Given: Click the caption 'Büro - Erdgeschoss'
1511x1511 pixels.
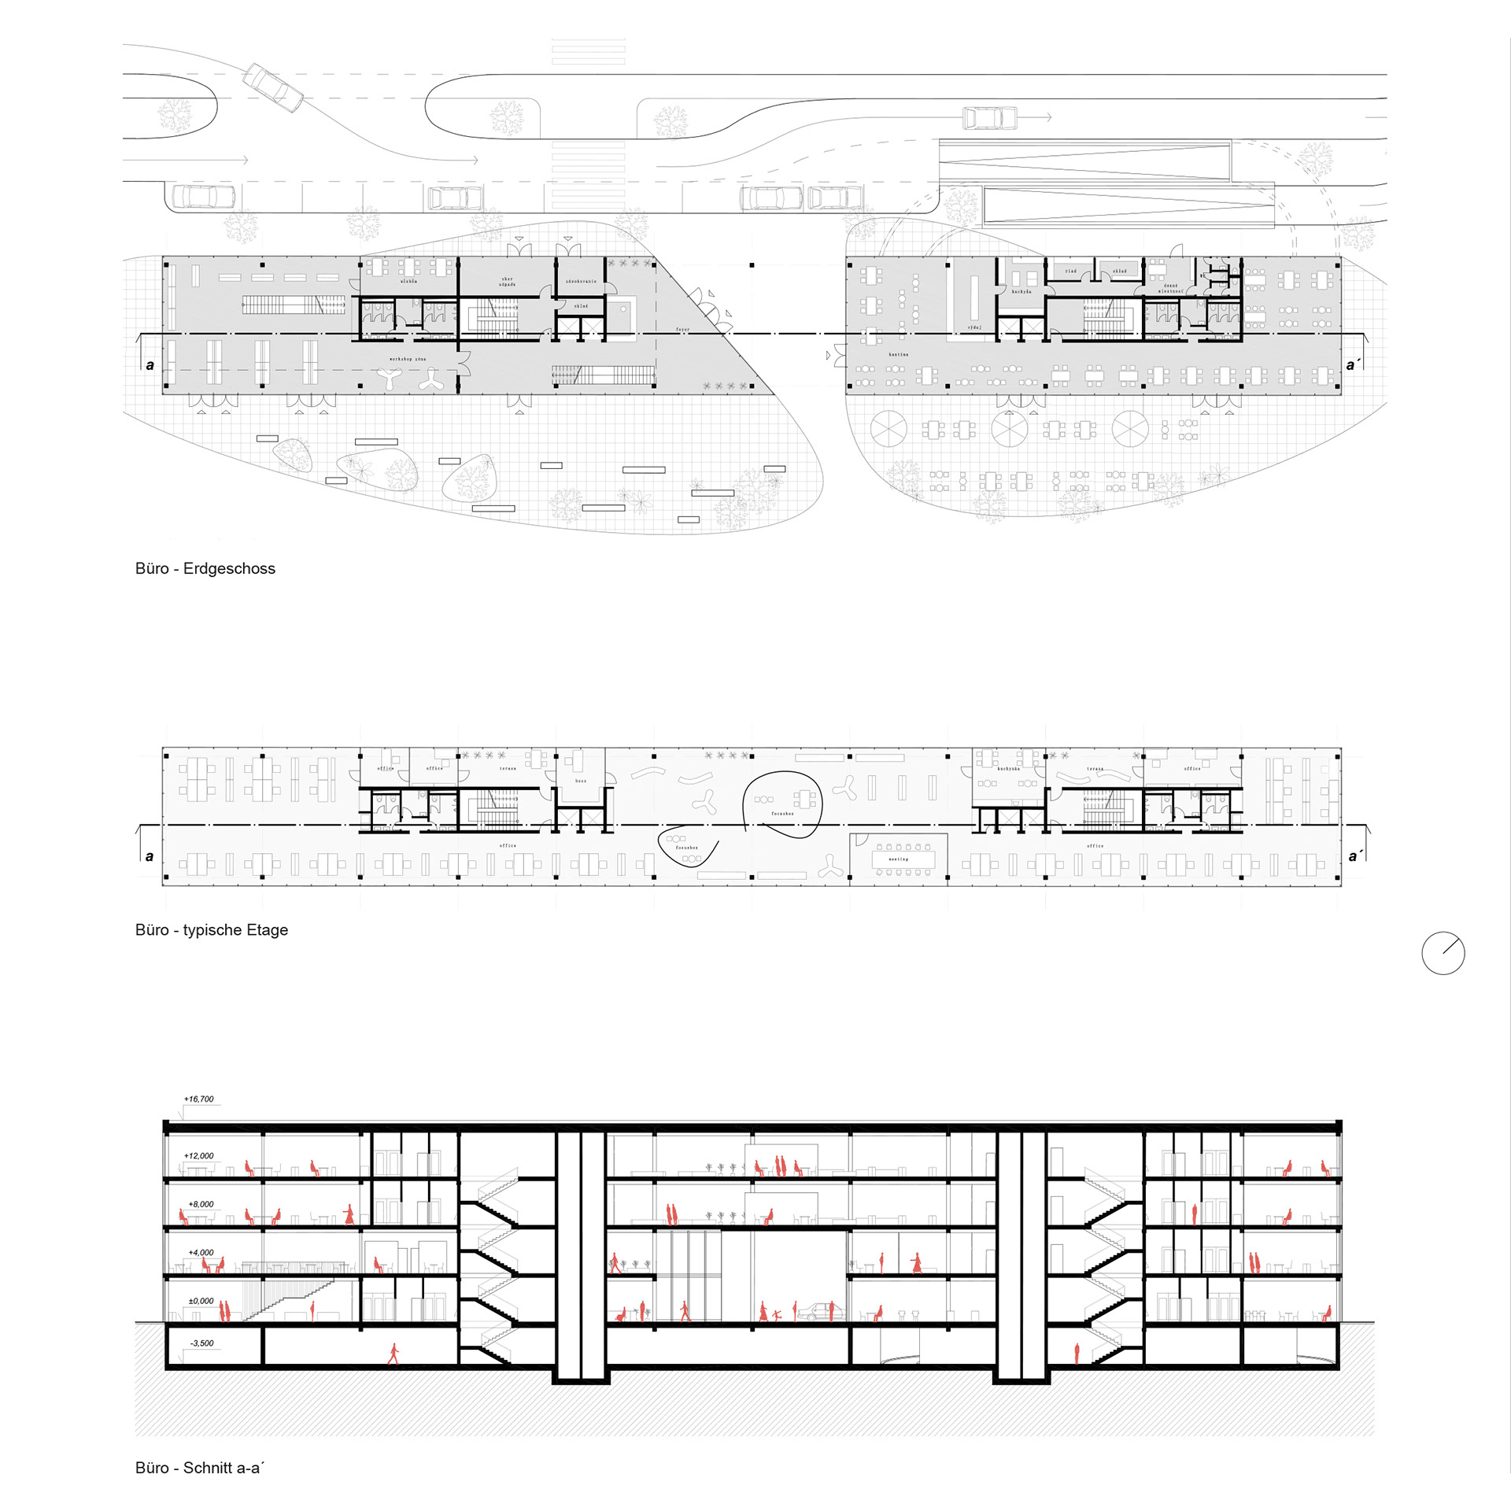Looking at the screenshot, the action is click(x=205, y=568).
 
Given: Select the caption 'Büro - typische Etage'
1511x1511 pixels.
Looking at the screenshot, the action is click(x=211, y=929).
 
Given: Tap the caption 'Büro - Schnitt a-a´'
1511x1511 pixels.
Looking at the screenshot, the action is click(x=200, y=1468).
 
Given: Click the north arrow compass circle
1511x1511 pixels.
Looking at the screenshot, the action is click(x=1443, y=953).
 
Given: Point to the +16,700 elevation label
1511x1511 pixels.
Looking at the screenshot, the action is click(x=198, y=1099).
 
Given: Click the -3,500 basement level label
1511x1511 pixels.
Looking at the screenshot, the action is click(x=201, y=1343).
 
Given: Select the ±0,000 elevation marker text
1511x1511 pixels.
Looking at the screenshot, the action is click(x=201, y=1301).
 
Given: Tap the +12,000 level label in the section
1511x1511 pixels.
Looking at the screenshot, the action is click(x=198, y=1155).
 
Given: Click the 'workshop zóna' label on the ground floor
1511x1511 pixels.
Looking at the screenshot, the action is click(x=407, y=359).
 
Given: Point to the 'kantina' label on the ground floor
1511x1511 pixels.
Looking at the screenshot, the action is click(x=898, y=355).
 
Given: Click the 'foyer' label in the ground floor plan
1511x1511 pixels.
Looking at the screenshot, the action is click(x=682, y=330).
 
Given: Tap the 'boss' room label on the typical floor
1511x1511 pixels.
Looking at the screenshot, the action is click(x=581, y=781).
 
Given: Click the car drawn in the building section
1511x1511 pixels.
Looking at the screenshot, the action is click(x=820, y=1311).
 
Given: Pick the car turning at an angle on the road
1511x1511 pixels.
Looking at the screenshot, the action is click(x=272, y=88).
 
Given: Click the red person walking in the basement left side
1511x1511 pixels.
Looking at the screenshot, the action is click(x=393, y=1354).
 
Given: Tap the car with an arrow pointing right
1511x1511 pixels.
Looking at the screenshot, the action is click(x=990, y=118).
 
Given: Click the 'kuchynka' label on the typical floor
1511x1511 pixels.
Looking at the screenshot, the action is click(x=1008, y=769).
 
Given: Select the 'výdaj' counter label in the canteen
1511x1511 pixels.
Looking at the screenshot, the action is click(x=974, y=327).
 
